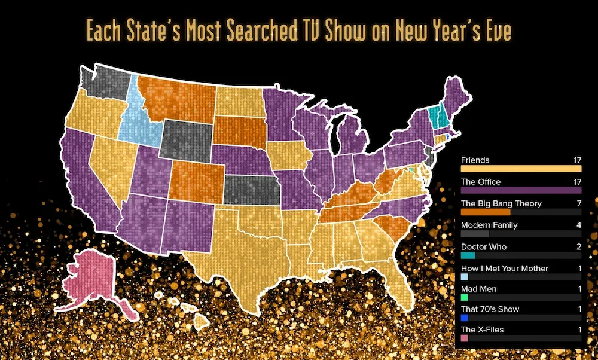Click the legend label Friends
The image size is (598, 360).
pos(475,160)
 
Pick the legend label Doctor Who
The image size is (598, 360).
pos(484,246)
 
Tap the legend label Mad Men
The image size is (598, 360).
pos(479,289)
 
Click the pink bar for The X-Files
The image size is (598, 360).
pos(465,338)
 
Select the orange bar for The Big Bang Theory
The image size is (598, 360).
pos(486,212)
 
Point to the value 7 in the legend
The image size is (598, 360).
pos(578,203)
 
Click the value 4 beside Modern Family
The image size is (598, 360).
pos(578,225)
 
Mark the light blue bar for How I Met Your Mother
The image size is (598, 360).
pos(465,277)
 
